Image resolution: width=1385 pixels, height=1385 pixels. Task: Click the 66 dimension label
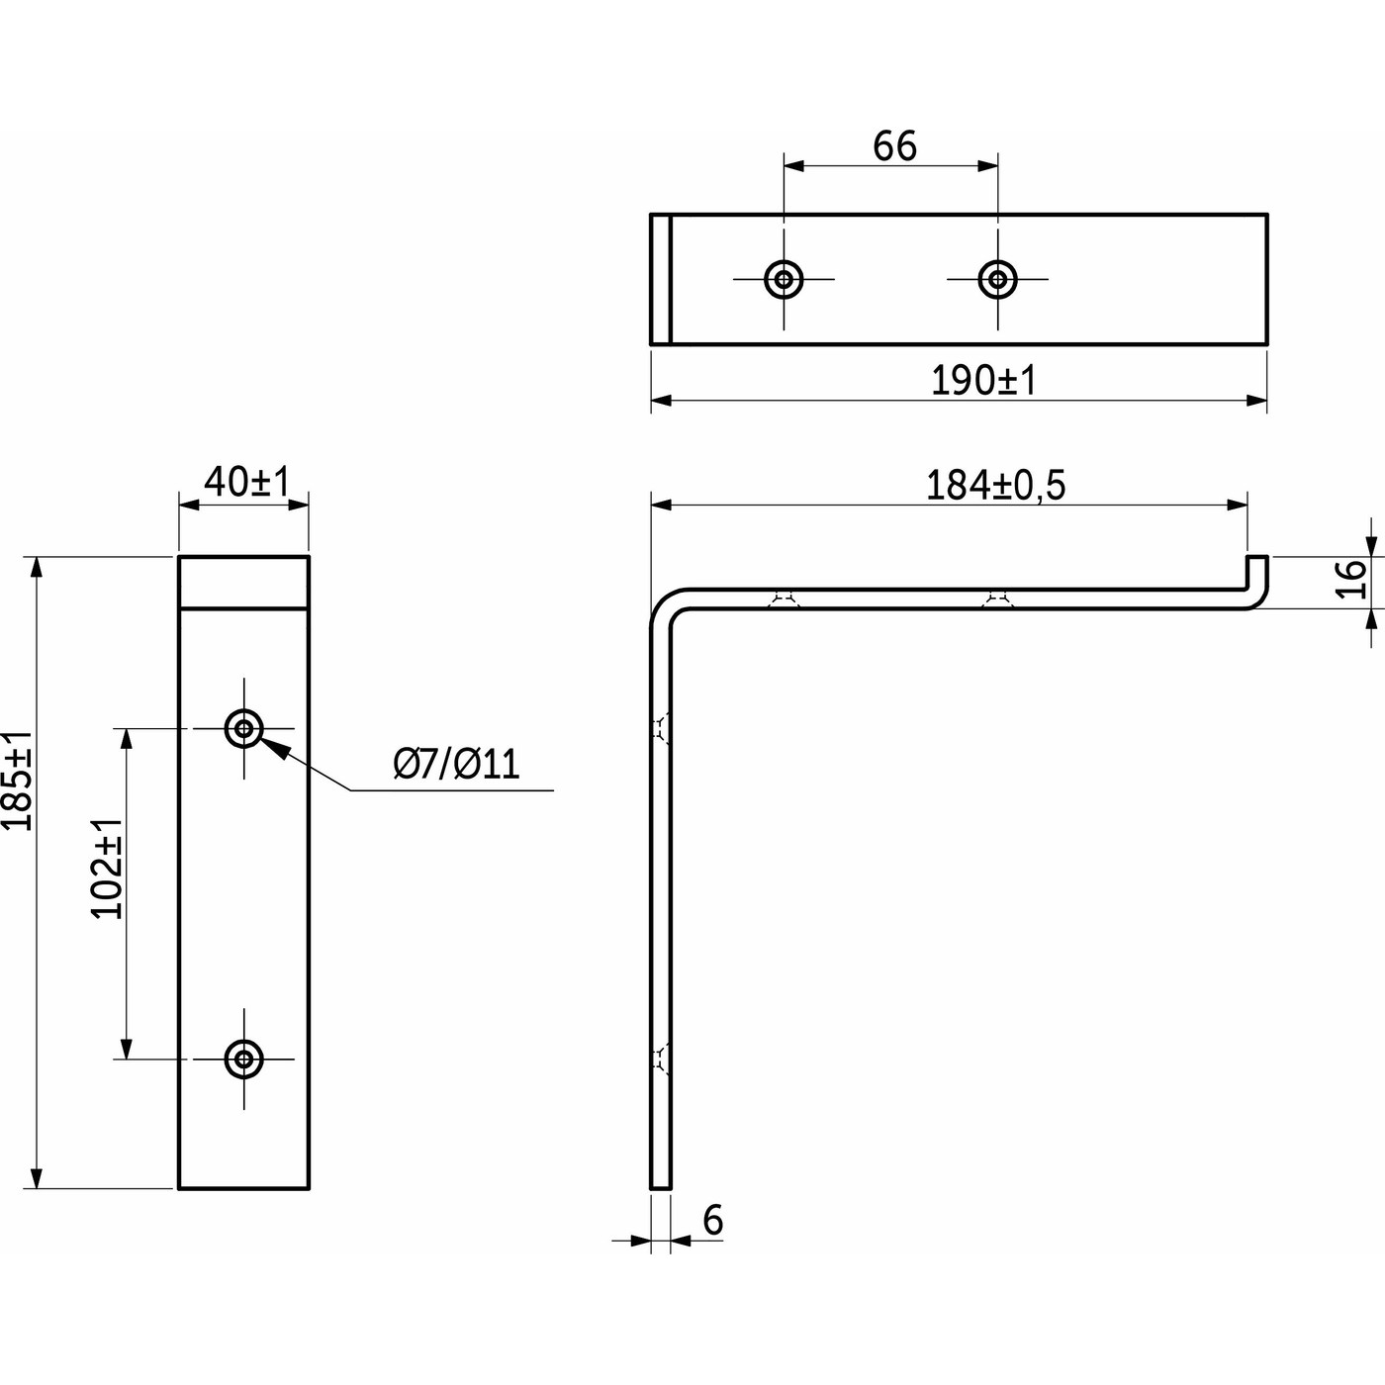click(x=894, y=146)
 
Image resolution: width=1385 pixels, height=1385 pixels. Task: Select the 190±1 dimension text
click(x=983, y=380)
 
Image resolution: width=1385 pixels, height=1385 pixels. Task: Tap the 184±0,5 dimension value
click(x=995, y=486)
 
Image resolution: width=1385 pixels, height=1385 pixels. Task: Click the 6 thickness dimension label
click(x=712, y=1221)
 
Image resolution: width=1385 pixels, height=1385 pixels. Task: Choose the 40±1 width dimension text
click(x=245, y=482)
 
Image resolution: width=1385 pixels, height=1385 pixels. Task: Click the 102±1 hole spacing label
click(x=108, y=869)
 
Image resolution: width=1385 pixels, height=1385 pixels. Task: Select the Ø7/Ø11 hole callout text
click(x=456, y=764)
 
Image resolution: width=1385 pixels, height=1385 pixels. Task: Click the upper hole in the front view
click(x=243, y=729)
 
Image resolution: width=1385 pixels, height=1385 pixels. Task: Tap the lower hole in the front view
click(x=243, y=1060)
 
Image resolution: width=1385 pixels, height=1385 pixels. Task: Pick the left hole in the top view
click(x=784, y=279)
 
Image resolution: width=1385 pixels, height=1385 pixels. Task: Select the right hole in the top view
click(x=997, y=279)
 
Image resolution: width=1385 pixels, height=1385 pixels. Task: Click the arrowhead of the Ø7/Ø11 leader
click(x=276, y=749)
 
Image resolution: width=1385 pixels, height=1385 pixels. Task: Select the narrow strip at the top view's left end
click(x=661, y=279)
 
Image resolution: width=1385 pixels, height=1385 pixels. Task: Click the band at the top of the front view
click(x=243, y=582)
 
